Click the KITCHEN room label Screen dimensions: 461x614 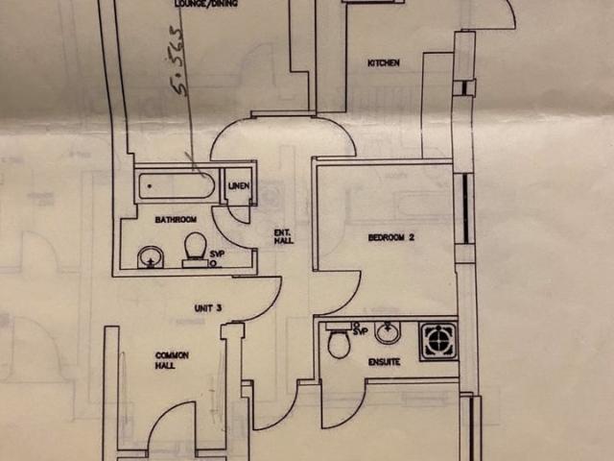pyautogui.click(x=383, y=63)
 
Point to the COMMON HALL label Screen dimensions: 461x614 pyautogui.click(x=172, y=360)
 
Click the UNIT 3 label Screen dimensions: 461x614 pyautogui.click(x=208, y=307)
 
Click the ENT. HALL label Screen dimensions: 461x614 pyautogui.click(x=282, y=236)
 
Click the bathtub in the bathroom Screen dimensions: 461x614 pyautogui.click(x=176, y=185)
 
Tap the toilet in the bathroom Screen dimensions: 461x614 pyautogui.click(x=195, y=248)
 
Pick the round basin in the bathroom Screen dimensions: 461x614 pyautogui.click(x=149, y=256)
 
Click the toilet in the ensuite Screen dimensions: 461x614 pyautogui.click(x=339, y=343)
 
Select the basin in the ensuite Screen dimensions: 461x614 pyautogui.click(x=387, y=333)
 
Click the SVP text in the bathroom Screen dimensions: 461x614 pyautogui.click(x=216, y=252)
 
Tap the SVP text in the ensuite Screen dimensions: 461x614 pyautogui.click(x=362, y=330)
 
